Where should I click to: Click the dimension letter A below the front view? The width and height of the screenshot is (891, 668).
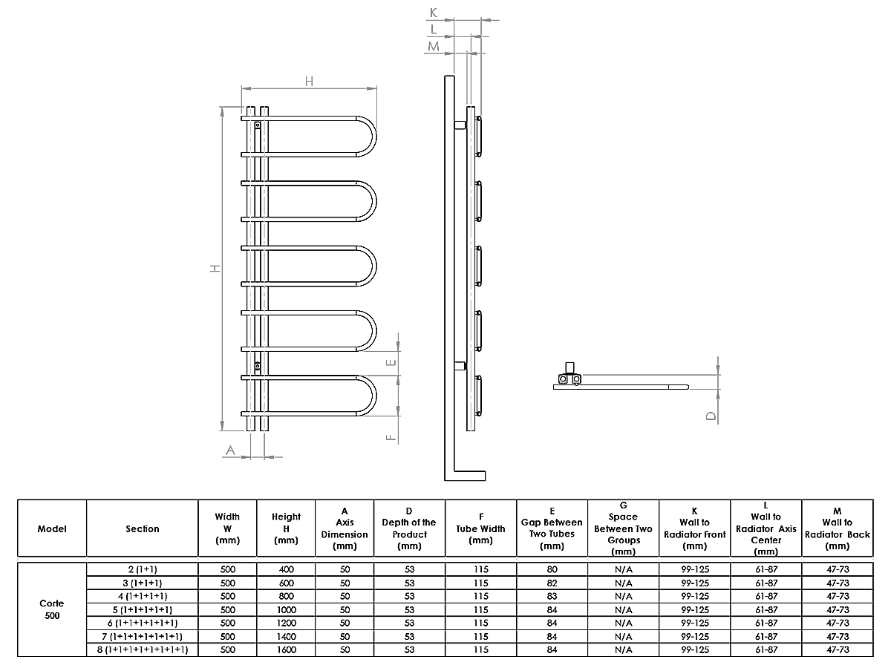pyautogui.click(x=230, y=450)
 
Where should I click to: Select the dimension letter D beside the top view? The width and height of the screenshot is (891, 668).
pyautogui.click(x=711, y=416)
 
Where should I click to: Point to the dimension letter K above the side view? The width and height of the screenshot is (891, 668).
pyautogui.click(x=434, y=13)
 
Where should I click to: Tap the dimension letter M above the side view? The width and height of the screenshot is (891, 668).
pyautogui.click(x=434, y=46)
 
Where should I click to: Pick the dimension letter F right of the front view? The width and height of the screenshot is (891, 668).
pyautogui.click(x=391, y=436)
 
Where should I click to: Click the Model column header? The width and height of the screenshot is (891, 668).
pyautogui.click(x=52, y=529)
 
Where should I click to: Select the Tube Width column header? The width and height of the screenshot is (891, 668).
pyautogui.click(x=480, y=528)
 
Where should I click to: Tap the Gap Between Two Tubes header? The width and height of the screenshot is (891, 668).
pyautogui.click(x=552, y=528)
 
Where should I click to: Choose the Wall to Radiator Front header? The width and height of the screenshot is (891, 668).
pyautogui.click(x=694, y=528)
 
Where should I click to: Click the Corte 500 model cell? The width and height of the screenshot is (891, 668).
pyautogui.click(x=52, y=609)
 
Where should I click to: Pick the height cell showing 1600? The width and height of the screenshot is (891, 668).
pyautogui.click(x=286, y=650)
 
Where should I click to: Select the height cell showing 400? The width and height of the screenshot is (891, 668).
pyautogui.click(x=286, y=569)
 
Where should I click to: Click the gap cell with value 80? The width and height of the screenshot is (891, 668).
pyautogui.click(x=552, y=569)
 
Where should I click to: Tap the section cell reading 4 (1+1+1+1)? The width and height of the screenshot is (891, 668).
pyautogui.click(x=142, y=596)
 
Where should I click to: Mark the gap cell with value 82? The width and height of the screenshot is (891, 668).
pyautogui.click(x=552, y=583)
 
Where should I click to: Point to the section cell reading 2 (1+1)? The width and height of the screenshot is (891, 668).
pyautogui.click(x=142, y=569)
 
